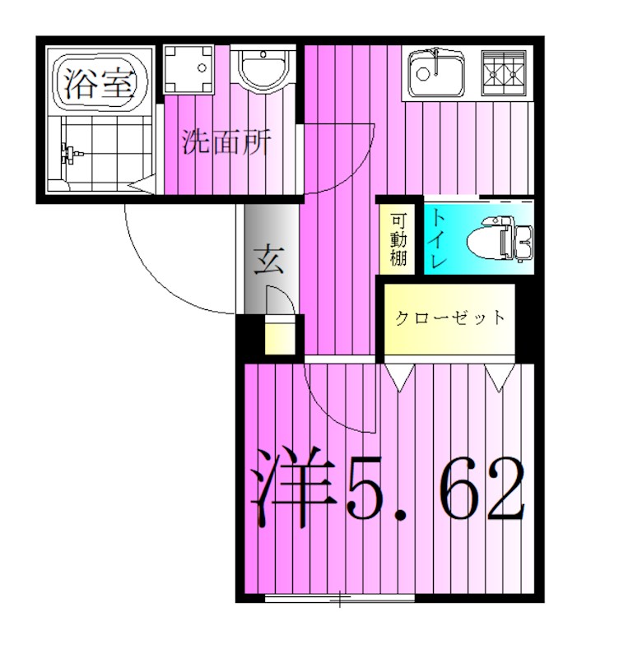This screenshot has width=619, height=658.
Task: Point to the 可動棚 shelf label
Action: click(399, 239)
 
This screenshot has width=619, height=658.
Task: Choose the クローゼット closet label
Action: click(449, 317)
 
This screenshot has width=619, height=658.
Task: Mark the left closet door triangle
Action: click(401, 377)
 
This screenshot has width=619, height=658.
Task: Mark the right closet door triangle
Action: click(499, 377)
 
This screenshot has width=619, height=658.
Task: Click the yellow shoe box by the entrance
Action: click(279, 338)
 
